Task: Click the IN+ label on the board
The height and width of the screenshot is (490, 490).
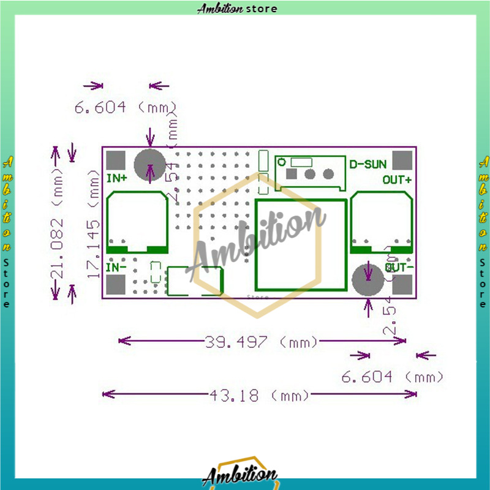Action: click(117, 179)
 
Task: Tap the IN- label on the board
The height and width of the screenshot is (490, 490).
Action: click(116, 267)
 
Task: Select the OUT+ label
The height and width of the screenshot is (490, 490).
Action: click(397, 179)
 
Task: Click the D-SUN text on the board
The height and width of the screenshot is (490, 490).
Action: click(367, 164)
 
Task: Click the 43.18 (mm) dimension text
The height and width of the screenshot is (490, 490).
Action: click(259, 395)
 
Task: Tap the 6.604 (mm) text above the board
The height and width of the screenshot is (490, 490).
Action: click(126, 108)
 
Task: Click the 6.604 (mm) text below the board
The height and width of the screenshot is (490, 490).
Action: click(392, 377)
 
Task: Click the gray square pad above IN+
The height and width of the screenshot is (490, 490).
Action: click(115, 160)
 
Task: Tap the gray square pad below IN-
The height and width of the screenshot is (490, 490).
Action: click(115, 285)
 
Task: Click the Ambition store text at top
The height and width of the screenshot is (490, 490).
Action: click(237, 9)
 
